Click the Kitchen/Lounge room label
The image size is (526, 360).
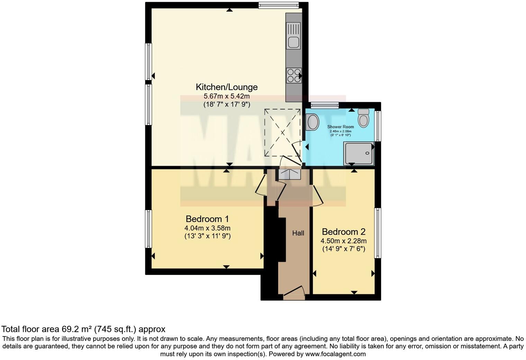coord(227,87)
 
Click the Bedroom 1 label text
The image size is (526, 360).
coord(207,219)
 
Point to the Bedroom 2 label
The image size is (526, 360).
coord(344,232)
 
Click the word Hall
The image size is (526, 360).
coord(298,233)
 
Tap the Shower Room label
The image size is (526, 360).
coord(341,127)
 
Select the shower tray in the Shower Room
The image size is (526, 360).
coord(359,154)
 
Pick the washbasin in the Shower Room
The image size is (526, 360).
coord(313,122)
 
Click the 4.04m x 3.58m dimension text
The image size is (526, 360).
coord(207,228)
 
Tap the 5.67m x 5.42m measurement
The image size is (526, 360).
coord(227,96)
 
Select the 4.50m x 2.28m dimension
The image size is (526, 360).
coord(344,241)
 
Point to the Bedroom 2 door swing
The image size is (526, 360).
coord(318,196)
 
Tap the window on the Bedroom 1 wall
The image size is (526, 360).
coord(148,228)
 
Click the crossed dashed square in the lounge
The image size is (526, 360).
coord(282,132)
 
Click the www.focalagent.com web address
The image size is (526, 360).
coord(335,354)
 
